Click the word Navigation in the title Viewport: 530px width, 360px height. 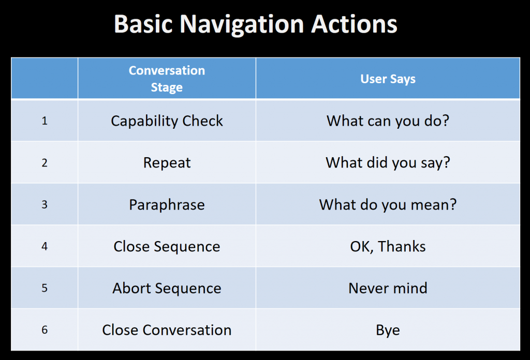click(x=242, y=25)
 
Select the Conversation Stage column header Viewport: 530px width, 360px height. click(x=167, y=79)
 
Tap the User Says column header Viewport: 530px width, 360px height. click(x=388, y=79)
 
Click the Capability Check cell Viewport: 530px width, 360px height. click(x=167, y=121)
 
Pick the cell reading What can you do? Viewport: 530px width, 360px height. click(x=388, y=121)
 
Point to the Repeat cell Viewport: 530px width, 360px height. click(x=167, y=163)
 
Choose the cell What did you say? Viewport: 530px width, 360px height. click(x=388, y=163)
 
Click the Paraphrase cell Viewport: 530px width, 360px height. click(x=167, y=205)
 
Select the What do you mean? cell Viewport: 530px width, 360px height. click(x=388, y=205)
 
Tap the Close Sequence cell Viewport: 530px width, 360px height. click(x=167, y=247)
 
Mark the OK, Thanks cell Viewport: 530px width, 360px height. click(x=388, y=247)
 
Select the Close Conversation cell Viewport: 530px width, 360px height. click(x=167, y=330)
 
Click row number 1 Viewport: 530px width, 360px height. click(x=45, y=121)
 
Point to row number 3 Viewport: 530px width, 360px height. click(x=45, y=205)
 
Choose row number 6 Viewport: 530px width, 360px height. click(x=45, y=330)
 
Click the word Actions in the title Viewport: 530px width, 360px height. click(x=354, y=24)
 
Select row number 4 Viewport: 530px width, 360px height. click(x=45, y=247)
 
